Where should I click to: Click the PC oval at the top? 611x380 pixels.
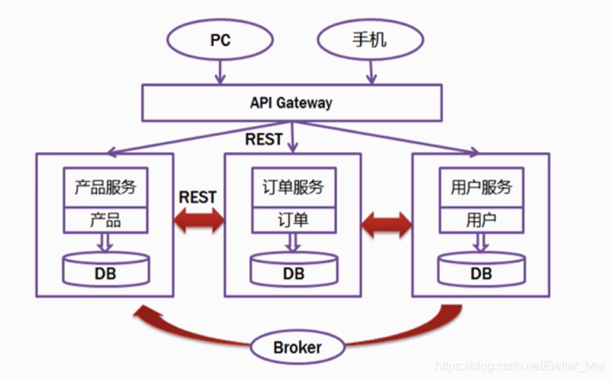(220, 38)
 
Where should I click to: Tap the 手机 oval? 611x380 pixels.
(371, 38)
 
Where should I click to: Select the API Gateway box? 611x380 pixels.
(291, 102)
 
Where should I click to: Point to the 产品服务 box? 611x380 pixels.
(106, 187)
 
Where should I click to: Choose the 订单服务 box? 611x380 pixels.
(294, 187)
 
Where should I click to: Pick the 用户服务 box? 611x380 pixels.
(481, 187)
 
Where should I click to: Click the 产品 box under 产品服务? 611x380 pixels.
(106, 220)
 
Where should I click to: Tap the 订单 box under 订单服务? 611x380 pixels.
(294, 220)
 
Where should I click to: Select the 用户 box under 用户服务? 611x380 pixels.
(481, 220)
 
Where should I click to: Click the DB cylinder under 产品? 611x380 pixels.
(106, 270)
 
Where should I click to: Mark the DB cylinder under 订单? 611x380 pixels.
(294, 270)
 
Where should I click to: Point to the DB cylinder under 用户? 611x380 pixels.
(481, 270)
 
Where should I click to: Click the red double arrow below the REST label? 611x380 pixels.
(199, 222)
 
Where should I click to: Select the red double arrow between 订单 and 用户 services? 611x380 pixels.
(387, 222)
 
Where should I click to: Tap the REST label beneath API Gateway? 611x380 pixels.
(264, 139)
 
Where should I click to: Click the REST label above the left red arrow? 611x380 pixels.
(197, 196)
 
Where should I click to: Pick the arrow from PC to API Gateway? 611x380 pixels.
(220, 72)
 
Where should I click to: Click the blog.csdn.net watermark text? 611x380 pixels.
(520, 369)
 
